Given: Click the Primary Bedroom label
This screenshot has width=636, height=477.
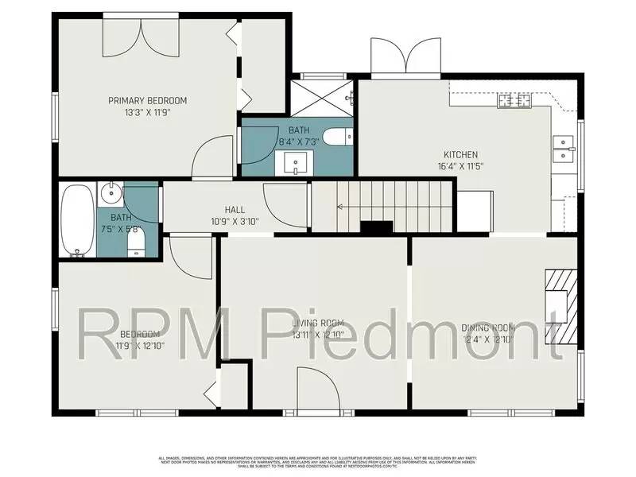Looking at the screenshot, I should (147, 100).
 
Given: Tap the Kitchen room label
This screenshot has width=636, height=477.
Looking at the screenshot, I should (460, 154).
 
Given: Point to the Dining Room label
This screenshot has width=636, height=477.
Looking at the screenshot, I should (489, 328).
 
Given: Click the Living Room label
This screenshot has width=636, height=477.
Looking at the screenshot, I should (317, 323).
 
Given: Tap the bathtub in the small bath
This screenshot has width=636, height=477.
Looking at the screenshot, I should (77, 220).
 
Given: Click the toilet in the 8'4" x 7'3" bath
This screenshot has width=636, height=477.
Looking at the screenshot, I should (336, 137).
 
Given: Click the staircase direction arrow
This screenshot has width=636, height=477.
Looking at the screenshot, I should (340, 207).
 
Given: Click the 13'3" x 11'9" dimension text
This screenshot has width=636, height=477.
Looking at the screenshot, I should (147, 112).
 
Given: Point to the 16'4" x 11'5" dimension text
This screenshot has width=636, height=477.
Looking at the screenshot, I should (460, 166).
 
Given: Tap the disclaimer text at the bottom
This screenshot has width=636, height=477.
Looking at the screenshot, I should (317, 462).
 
